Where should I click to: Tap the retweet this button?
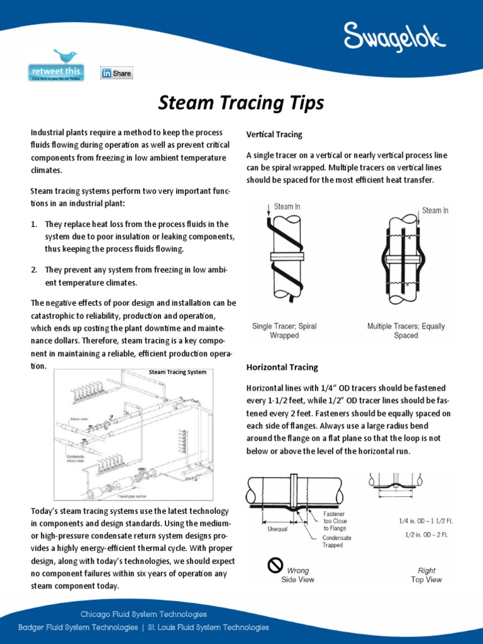point(55,73)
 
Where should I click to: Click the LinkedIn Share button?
point(117,73)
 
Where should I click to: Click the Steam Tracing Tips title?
point(241,103)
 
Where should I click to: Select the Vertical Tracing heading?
point(274,135)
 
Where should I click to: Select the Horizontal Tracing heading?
point(282,367)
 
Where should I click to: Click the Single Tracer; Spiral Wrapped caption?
point(284,331)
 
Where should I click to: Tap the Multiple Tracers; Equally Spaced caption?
point(406,331)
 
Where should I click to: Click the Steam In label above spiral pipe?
point(287,207)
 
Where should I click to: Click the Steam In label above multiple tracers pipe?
point(435,211)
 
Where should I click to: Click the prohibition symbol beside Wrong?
point(275,566)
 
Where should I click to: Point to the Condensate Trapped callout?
point(337,541)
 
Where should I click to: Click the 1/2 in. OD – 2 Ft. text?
point(427,535)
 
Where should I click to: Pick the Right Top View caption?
point(426,575)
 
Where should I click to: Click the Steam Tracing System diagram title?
point(177,372)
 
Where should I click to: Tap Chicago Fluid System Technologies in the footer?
point(143,614)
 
